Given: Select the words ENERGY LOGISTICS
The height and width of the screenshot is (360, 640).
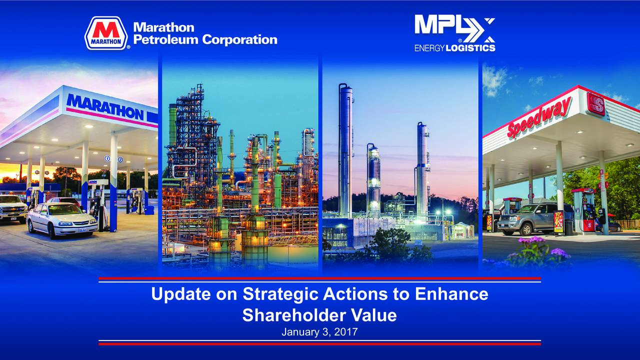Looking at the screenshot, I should [454, 48].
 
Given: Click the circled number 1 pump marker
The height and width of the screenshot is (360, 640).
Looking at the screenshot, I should [106, 159].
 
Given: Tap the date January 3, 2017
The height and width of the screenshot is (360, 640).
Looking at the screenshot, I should [319, 331].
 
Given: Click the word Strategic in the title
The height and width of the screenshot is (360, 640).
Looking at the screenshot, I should [280, 294].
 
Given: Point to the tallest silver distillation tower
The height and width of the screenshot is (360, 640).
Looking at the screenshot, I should [345, 145].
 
